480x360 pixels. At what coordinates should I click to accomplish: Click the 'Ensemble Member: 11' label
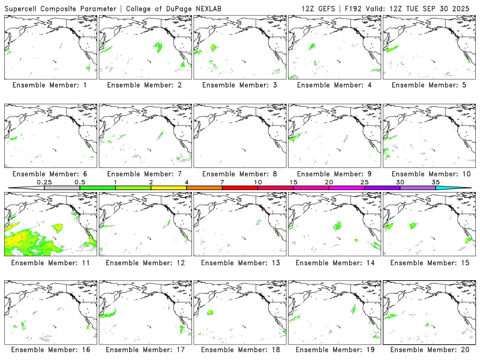click(51, 263)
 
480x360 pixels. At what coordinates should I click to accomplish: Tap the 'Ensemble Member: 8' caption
click(239, 174)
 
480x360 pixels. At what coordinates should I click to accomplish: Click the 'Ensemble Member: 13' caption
click(239, 263)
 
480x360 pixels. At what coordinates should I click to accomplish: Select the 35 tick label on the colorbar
click(436, 181)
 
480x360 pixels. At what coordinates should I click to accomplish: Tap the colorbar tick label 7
click(222, 181)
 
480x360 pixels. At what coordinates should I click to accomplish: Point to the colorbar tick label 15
click(293, 181)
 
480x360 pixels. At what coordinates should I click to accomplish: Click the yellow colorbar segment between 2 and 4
click(169, 188)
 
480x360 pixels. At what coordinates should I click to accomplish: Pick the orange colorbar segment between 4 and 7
click(204, 188)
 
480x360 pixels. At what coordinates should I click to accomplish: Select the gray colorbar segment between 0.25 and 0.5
click(62, 188)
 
